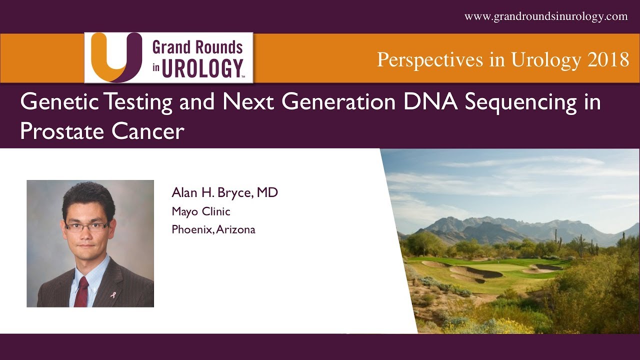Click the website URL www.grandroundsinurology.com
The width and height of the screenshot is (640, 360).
coord(546,16)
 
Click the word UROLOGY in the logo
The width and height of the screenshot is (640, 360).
coord(203,68)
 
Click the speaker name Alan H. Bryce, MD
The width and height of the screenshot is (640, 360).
coord(224,193)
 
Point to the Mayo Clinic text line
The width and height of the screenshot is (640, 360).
coord(201,211)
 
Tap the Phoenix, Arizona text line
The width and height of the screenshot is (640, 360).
coord(213,230)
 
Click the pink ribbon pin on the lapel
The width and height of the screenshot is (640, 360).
coord(112,295)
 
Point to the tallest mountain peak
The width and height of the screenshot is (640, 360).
coord(452,218)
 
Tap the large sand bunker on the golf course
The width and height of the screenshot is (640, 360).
coord(475,272)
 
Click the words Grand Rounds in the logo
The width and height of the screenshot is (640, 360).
coord(197,48)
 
